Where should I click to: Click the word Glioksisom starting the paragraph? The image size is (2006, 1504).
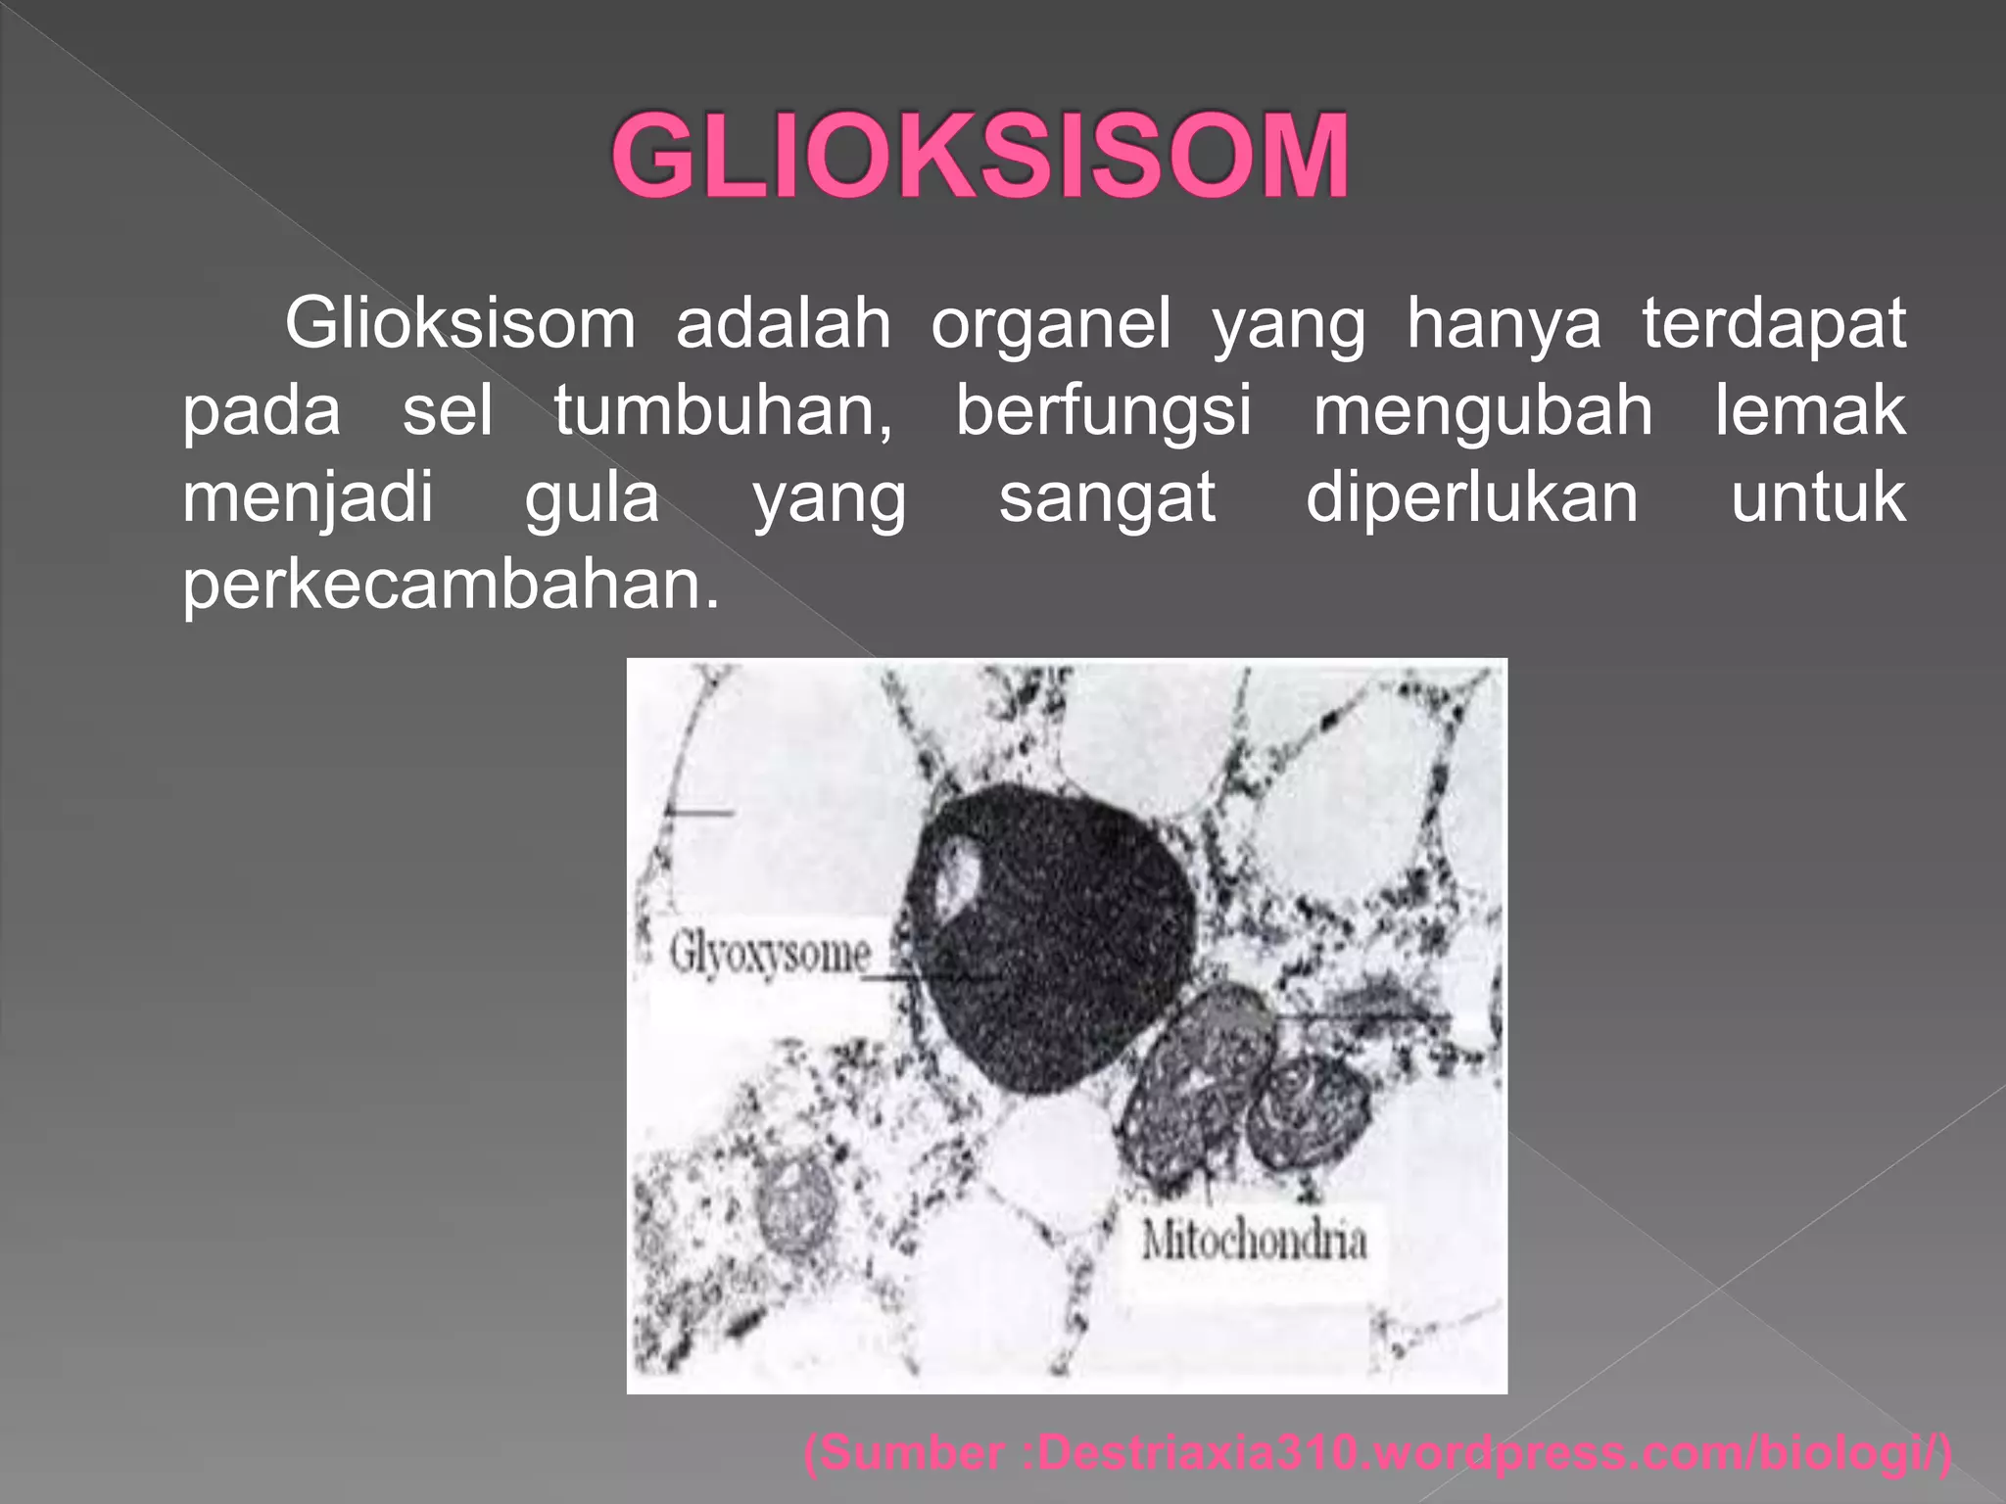point(460,323)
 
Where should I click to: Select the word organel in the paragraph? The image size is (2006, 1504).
point(1051,323)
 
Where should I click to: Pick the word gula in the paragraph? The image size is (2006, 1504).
point(593,497)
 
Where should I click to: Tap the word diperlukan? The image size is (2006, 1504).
point(1472,497)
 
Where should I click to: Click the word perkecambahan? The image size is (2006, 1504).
point(451,585)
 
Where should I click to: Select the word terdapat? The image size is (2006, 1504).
point(1774,323)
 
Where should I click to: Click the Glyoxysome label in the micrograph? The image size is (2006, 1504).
point(770,954)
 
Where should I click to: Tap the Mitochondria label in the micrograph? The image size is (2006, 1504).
point(1254,1241)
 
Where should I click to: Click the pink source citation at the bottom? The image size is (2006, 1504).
point(1377,1451)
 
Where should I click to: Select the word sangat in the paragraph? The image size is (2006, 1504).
point(1107,497)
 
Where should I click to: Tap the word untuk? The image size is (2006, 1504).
point(1818,497)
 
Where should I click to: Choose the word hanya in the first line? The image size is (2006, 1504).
point(1504,323)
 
